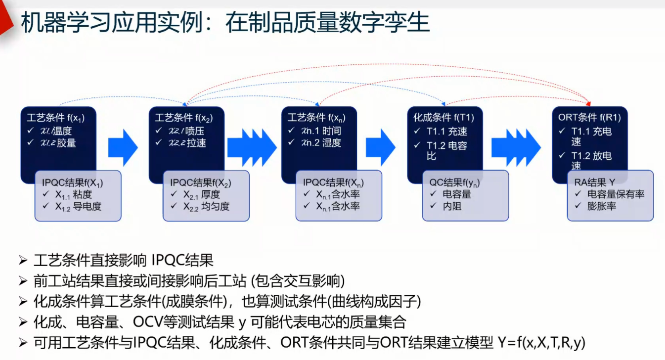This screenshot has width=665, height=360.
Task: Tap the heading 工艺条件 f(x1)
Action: coord(54,119)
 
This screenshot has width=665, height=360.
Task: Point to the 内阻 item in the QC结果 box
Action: coord(452,206)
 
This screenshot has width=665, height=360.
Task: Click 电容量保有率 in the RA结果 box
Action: coord(616,194)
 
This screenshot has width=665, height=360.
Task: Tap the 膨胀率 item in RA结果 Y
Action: coord(601,206)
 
